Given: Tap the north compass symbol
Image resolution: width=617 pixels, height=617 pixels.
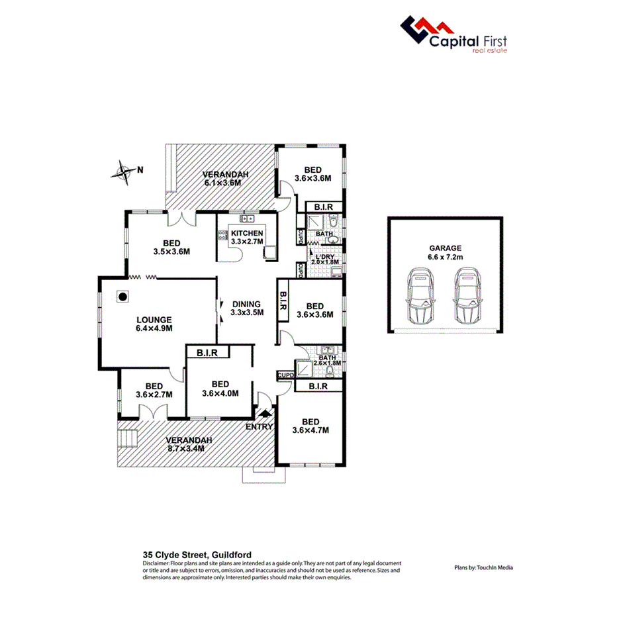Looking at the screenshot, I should tap(124, 172).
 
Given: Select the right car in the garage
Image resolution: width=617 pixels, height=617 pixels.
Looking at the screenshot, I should tap(465, 296).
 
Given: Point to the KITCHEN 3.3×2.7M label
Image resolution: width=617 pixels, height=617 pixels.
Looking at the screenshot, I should tap(246, 238).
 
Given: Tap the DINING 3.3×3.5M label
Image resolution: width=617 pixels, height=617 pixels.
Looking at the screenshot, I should tap(247, 308).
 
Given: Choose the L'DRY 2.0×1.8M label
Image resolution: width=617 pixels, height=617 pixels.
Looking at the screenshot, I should tap(325, 259).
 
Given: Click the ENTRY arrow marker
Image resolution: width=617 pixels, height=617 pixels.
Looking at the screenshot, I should tap(266, 414).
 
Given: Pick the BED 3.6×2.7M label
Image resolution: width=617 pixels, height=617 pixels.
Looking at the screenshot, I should tap(154, 391).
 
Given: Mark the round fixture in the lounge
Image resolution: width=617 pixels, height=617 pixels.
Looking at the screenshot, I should tap(122, 297).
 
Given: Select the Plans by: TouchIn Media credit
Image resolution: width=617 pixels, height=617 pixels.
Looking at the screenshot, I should tap(484, 567).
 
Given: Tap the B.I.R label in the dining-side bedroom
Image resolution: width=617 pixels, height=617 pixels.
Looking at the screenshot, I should tap(283, 302).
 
